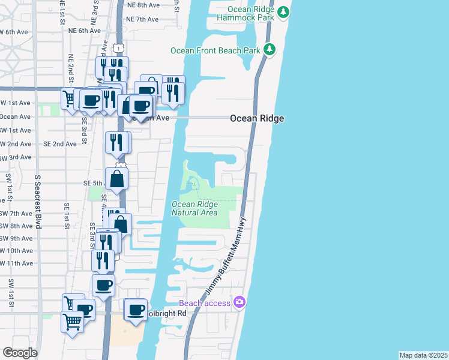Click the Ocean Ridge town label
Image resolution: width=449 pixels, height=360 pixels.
[x=257, y=119]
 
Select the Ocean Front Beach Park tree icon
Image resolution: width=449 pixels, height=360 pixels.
[x=270, y=49]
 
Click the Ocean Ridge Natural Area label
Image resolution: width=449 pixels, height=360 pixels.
[x=194, y=208]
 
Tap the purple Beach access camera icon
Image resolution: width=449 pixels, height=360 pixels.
[x=240, y=302]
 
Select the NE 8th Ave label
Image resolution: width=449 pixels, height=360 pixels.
[x=143, y=4]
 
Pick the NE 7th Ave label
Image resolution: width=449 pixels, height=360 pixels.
[x=143, y=19]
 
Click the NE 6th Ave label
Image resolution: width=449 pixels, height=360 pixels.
[x=84, y=31]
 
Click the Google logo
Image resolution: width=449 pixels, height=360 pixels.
[x=20, y=353]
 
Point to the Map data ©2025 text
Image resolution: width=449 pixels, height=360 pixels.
[x=423, y=355]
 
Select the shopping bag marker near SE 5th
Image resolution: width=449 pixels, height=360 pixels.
[x=118, y=178]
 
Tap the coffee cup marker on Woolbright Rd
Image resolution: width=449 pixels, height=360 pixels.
[x=136, y=310]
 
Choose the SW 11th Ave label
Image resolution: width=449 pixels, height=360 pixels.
[x=16, y=263]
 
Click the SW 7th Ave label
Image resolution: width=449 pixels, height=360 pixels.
[x=16, y=213]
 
